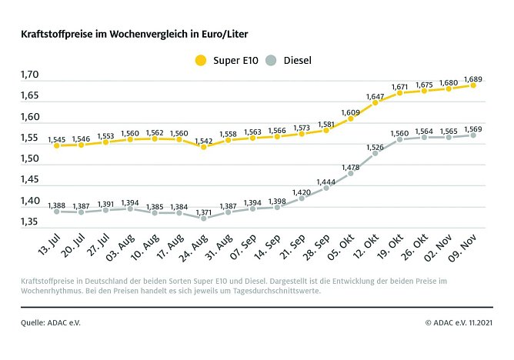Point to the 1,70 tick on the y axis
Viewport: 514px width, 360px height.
tap(31, 75)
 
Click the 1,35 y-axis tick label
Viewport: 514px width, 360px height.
tap(31, 222)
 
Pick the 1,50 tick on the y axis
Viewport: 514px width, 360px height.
tap(31, 159)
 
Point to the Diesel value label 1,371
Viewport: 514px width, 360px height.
tap(203, 211)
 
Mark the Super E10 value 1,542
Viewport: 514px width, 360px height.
tap(203, 138)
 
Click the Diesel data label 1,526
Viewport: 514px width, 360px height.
tap(375, 146)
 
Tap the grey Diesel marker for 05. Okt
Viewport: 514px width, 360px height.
tap(351, 173)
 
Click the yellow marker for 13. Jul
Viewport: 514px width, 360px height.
tap(57, 145)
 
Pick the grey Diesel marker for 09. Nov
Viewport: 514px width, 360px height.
tap(473, 135)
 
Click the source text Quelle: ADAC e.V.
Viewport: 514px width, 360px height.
tap(51, 322)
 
